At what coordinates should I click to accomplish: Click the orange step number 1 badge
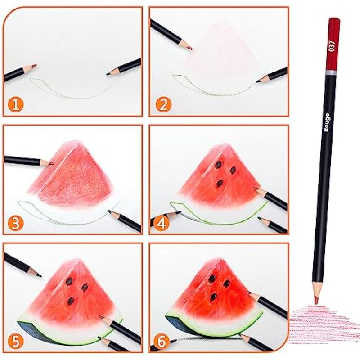[16, 105]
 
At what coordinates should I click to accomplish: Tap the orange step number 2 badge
[163, 105]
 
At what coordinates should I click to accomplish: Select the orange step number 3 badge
[16, 223]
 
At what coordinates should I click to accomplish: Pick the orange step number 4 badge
[162, 223]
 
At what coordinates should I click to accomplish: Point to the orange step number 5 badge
[16, 341]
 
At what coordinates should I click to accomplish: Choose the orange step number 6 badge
[162, 341]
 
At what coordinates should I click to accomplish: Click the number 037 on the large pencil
[332, 46]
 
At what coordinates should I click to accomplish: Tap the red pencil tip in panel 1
[34, 66]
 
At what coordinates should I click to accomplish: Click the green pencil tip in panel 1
[108, 73]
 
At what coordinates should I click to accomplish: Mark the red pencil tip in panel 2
[189, 48]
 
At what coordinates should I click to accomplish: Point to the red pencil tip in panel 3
[51, 164]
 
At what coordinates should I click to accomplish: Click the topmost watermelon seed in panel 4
[218, 164]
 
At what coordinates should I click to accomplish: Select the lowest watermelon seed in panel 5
[71, 301]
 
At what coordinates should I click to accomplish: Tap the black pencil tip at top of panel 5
[39, 274]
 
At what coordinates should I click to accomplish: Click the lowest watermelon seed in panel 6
[214, 297]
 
